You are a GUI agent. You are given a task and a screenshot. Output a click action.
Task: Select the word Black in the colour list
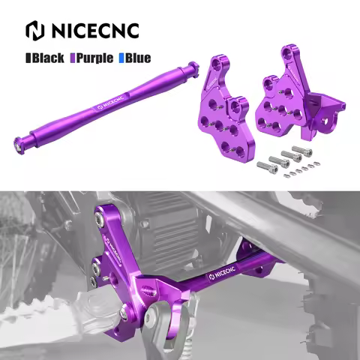48,56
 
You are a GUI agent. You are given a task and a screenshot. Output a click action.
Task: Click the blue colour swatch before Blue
121,56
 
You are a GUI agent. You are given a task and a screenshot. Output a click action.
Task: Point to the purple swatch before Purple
72,56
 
